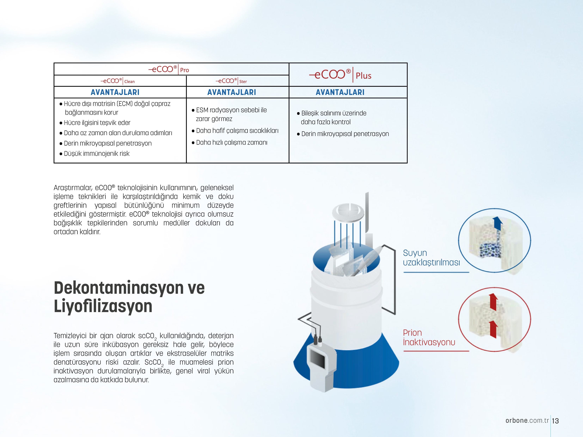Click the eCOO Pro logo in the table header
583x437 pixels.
tap(169, 69)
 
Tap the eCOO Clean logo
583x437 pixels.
tap(118, 81)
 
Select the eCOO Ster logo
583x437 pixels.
tap(231, 81)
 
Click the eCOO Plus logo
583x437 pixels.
tap(340, 75)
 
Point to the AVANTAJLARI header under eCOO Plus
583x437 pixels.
tap(340, 92)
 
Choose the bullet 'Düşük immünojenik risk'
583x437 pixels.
tap(96, 154)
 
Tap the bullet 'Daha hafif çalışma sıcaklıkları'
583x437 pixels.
tap(237, 131)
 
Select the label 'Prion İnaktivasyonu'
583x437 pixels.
tap(429, 337)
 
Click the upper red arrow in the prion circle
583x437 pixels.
tap(493, 302)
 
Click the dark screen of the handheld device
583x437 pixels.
tap(318, 359)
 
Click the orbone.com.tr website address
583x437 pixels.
tap(527, 420)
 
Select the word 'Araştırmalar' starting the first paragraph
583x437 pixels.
tap(73, 188)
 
